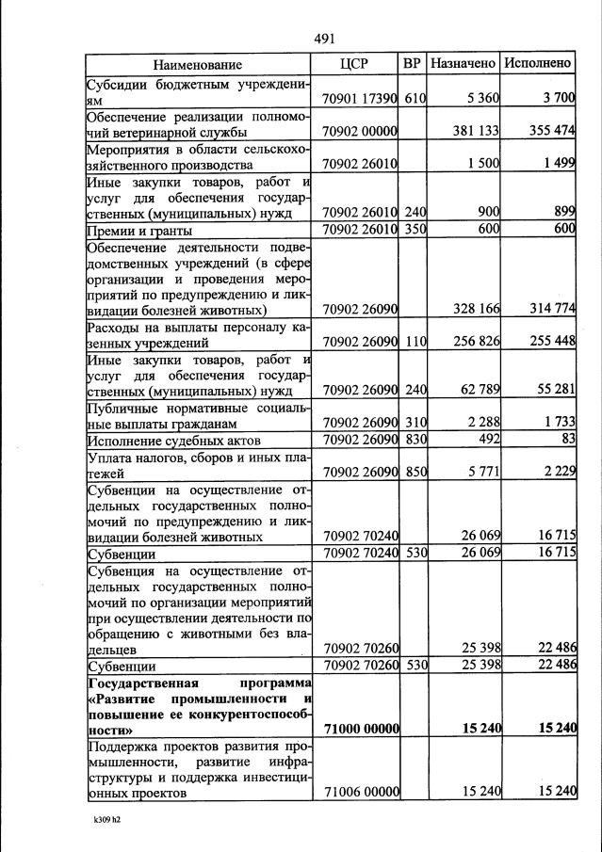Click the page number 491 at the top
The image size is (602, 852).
324,39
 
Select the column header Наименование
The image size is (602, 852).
198,64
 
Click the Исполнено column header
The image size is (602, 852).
538,64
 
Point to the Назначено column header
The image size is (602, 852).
463,64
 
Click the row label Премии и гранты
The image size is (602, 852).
139,230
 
